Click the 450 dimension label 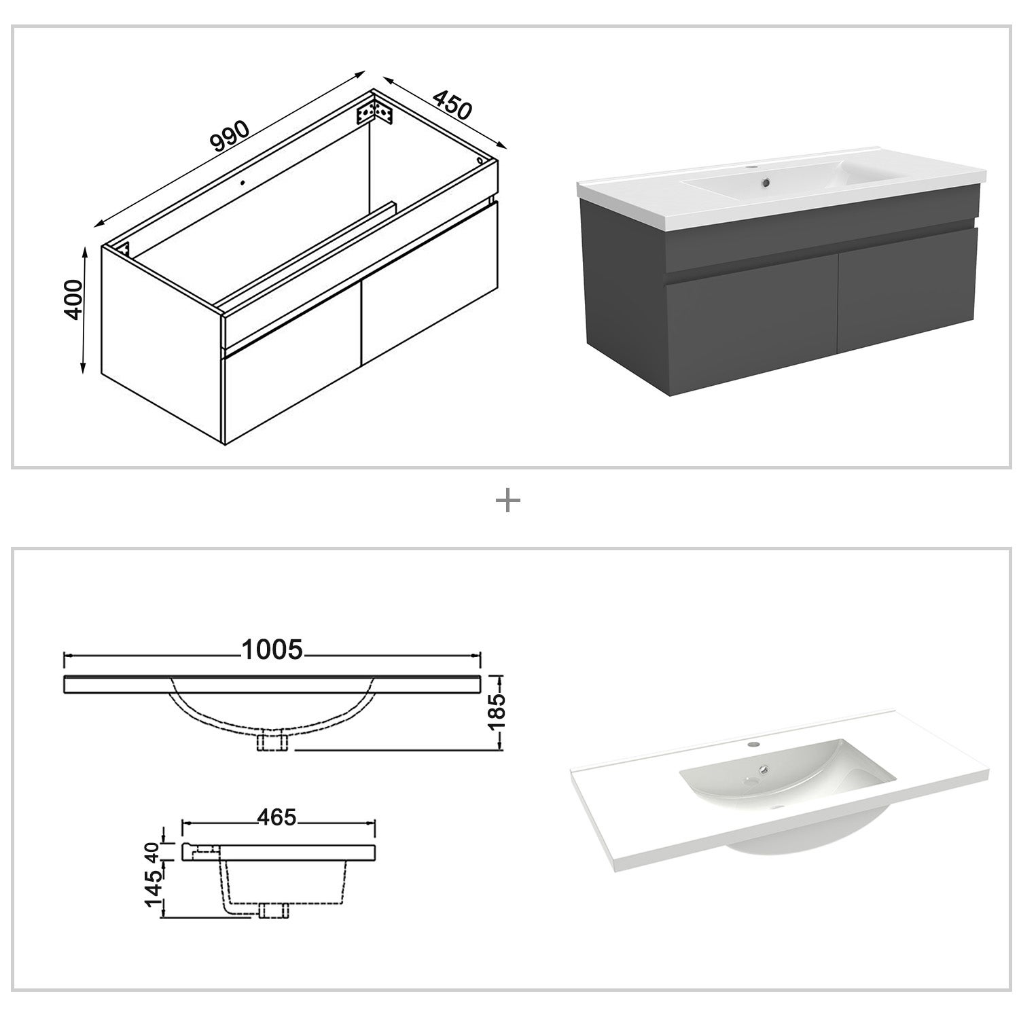pyautogui.click(x=452, y=105)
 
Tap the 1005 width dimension pyautogui.click(x=272, y=650)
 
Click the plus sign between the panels pyautogui.click(x=508, y=502)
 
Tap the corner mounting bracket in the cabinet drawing pyautogui.click(x=375, y=111)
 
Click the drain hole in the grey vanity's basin pyautogui.click(x=766, y=181)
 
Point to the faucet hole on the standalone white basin pyautogui.click(x=753, y=745)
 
